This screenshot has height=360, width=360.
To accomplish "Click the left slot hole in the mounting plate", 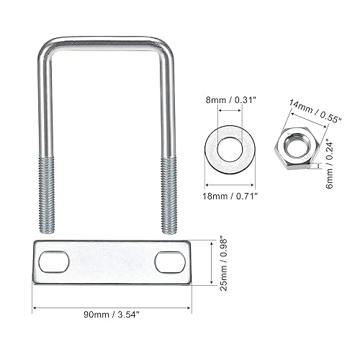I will [x=54, y=262].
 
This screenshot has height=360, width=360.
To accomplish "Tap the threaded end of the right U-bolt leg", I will [x=168, y=194].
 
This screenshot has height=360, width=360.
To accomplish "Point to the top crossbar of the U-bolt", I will [x=105, y=41].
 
